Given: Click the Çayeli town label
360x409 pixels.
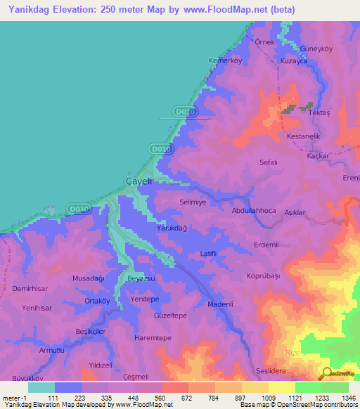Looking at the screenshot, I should [x=139, y=181].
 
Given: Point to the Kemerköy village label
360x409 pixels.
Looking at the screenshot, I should [x=225, y=60].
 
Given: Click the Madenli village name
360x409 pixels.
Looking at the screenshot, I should [x=221, y=304].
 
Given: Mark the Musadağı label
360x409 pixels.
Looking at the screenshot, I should [x=89, y=278].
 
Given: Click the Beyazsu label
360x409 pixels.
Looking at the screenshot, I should [x=141, y=279].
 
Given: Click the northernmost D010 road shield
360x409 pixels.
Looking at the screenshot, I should [x=183, y=111].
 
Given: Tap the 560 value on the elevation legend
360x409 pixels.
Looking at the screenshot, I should [x=161, y=398].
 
